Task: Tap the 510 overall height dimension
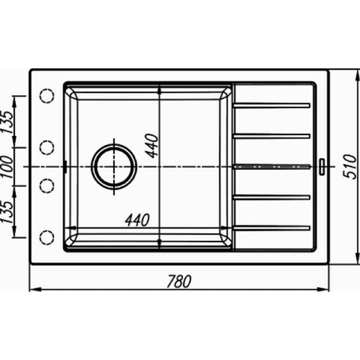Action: [350, 167]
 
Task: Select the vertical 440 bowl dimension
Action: [152, 146]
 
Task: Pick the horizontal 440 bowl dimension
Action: [137, 220]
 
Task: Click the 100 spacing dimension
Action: [6, 167]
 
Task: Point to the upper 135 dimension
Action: [7, 122]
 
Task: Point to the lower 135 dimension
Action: [7, 212]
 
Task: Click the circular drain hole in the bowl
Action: [114, 167]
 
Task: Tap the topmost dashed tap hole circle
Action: [47, 96]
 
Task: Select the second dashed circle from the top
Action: [47, 148]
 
